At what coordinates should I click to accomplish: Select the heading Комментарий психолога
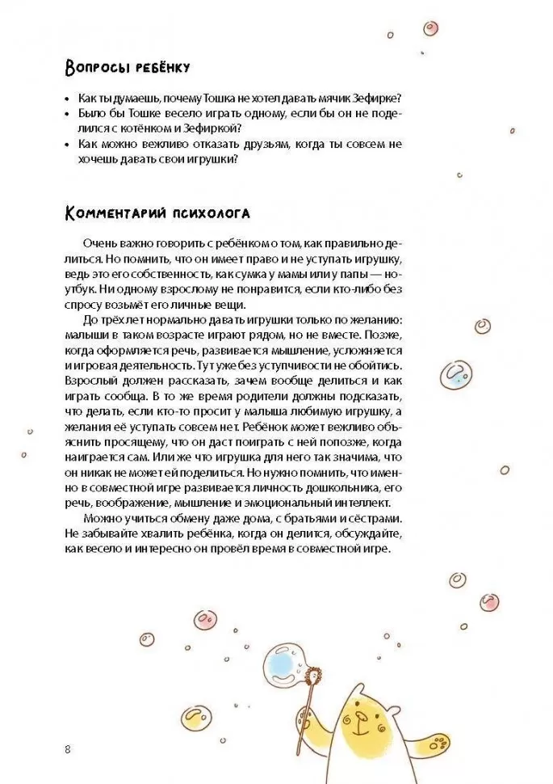[157, 213]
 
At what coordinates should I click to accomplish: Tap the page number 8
[68, 748]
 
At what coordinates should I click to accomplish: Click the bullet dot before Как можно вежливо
[67, 144]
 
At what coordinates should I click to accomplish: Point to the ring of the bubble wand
[309, 672]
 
